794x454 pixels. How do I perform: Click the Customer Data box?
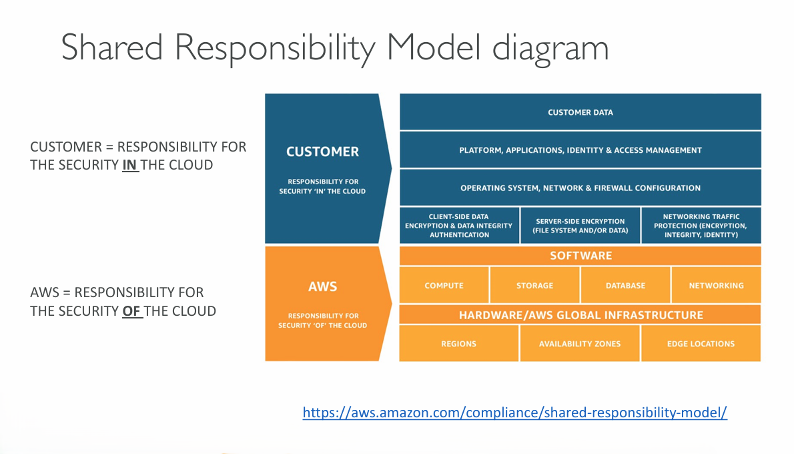pyautogui.click(x=580, y=112)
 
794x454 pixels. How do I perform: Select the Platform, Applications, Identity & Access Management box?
pyautogui.click(x=580, y=150)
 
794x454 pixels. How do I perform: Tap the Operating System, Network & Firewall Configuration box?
pyautogui.click(x=580, y=188)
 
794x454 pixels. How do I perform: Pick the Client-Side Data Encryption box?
pyautogui.click(x=459, y=226)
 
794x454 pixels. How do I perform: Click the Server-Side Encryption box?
pyautogui.click(x=580, y=226)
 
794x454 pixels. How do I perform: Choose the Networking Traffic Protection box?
pyautogui.click(x=701, y=226)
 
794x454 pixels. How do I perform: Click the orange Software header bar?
pyautogui.click(x=580, y=256)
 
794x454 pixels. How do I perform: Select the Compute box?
pyautogui.click(x=444, y=285)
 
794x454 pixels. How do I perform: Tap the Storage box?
pyautogui.click(x=534, y=285)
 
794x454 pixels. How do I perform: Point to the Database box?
pyautogui.click(x=625, y=285)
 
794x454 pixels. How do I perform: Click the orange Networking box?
pyautogui.click(x=716, y=285)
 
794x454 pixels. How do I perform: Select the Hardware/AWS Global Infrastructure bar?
pyautogui.click(x=580, y=314)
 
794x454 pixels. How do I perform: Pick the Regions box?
pyautogui.click(x=458, y=344)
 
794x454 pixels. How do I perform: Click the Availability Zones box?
pyautogui.click(x=580, y=344)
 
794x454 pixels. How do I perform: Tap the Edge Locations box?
pyautogui.click(x=701, y=344)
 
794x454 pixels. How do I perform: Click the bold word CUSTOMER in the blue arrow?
pyautogui.click(x=322, y=152)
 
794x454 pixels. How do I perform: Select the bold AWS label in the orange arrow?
pyautogui.click(x=322, y=286)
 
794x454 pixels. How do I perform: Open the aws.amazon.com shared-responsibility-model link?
pyautogui.click(x=514, y=413)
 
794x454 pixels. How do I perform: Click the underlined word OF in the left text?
pyautogui.click(x=131, y=311)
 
